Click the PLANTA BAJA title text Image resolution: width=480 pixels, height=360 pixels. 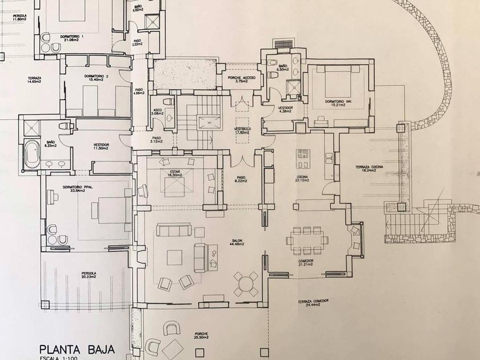(x=77, y=349)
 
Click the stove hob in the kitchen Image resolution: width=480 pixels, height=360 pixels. (x=302, y=154)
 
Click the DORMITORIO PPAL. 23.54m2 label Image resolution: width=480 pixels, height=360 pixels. (x=78, y=189)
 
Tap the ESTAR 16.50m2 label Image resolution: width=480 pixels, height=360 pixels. (x=175, y=173)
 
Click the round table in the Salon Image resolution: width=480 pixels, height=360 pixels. (x=246, y=282)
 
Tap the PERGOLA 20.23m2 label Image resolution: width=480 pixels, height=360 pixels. (x=89, y=275)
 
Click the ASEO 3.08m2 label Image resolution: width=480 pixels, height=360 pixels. (x=157, y=111)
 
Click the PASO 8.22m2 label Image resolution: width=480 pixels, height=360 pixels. (x=241, y=179)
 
